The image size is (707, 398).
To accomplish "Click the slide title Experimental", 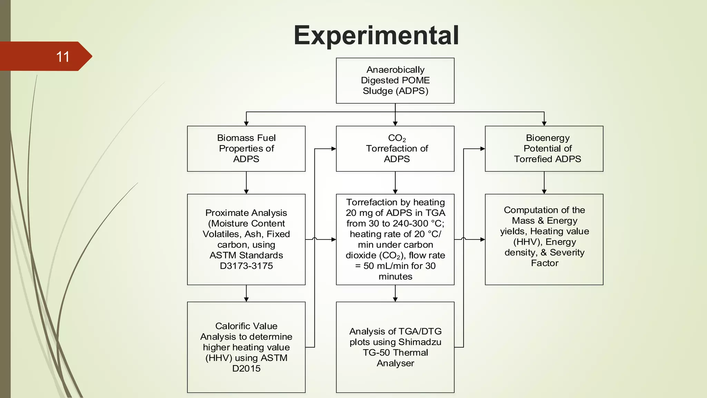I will (376, 35).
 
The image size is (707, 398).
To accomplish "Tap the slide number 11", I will (62, 57).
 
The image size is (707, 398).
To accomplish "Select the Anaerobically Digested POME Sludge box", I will (395, 80).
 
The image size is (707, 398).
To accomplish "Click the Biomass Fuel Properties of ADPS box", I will (246, 149).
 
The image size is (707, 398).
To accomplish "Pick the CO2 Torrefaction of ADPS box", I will (395, 149).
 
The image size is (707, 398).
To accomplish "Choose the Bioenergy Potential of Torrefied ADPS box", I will (544, 149).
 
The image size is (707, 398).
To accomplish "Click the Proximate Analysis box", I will (246, 239).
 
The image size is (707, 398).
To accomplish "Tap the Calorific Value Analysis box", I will (246, 347).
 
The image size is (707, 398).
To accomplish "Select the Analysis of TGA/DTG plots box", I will (395, 347).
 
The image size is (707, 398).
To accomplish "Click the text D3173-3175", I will (246, 266).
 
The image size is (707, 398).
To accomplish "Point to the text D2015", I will (246, 368).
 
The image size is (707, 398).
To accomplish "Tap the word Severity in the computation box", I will (567, 253).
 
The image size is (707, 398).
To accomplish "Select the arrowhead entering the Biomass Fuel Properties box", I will (246, 123).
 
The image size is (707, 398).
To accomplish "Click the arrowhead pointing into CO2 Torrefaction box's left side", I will (333, 149).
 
